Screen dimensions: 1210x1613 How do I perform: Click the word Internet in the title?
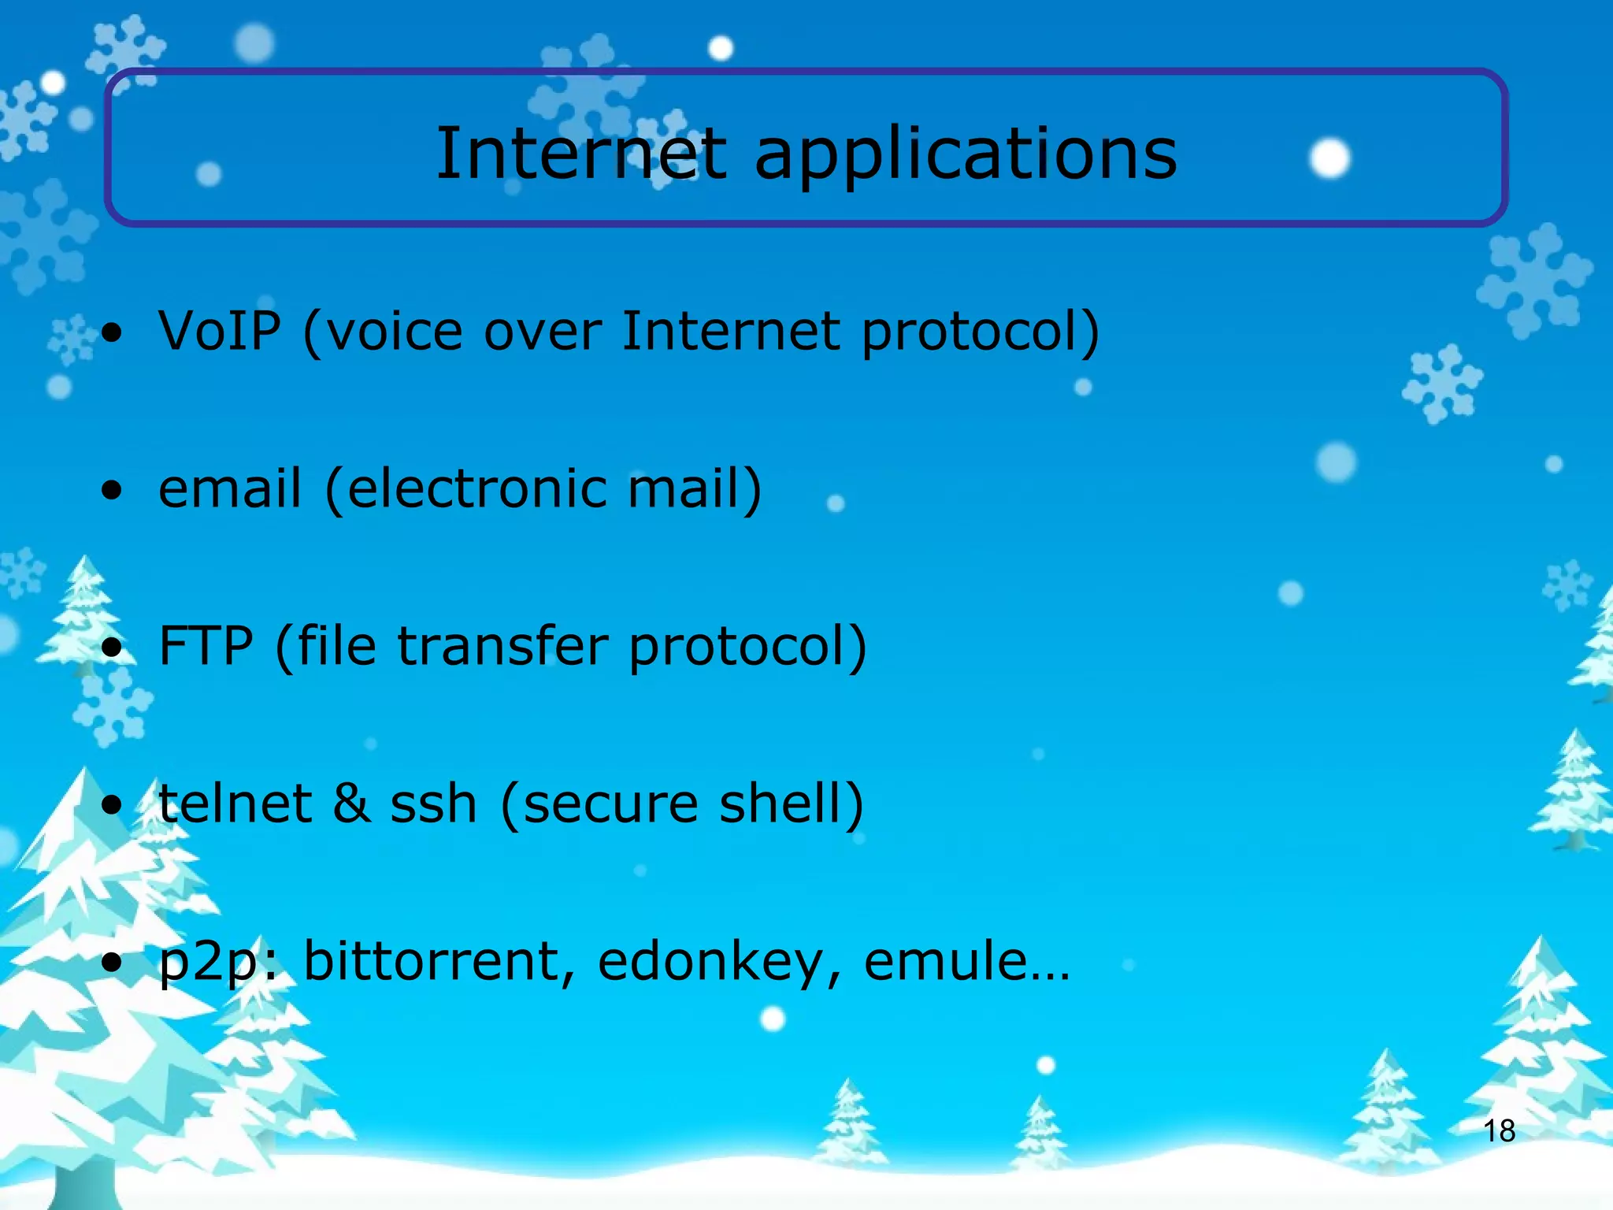580,153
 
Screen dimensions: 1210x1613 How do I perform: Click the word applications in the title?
965,154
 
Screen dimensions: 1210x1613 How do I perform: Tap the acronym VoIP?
220,330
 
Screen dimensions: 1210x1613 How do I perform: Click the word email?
230,488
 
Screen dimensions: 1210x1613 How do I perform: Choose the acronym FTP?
206,646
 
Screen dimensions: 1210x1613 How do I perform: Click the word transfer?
502,646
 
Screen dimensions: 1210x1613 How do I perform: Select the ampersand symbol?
350,804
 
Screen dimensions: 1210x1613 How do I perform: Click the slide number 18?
1499,1131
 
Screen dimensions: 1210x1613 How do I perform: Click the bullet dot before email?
113,490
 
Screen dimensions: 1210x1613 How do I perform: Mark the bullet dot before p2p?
113,963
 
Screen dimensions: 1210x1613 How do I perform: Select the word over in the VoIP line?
543,331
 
